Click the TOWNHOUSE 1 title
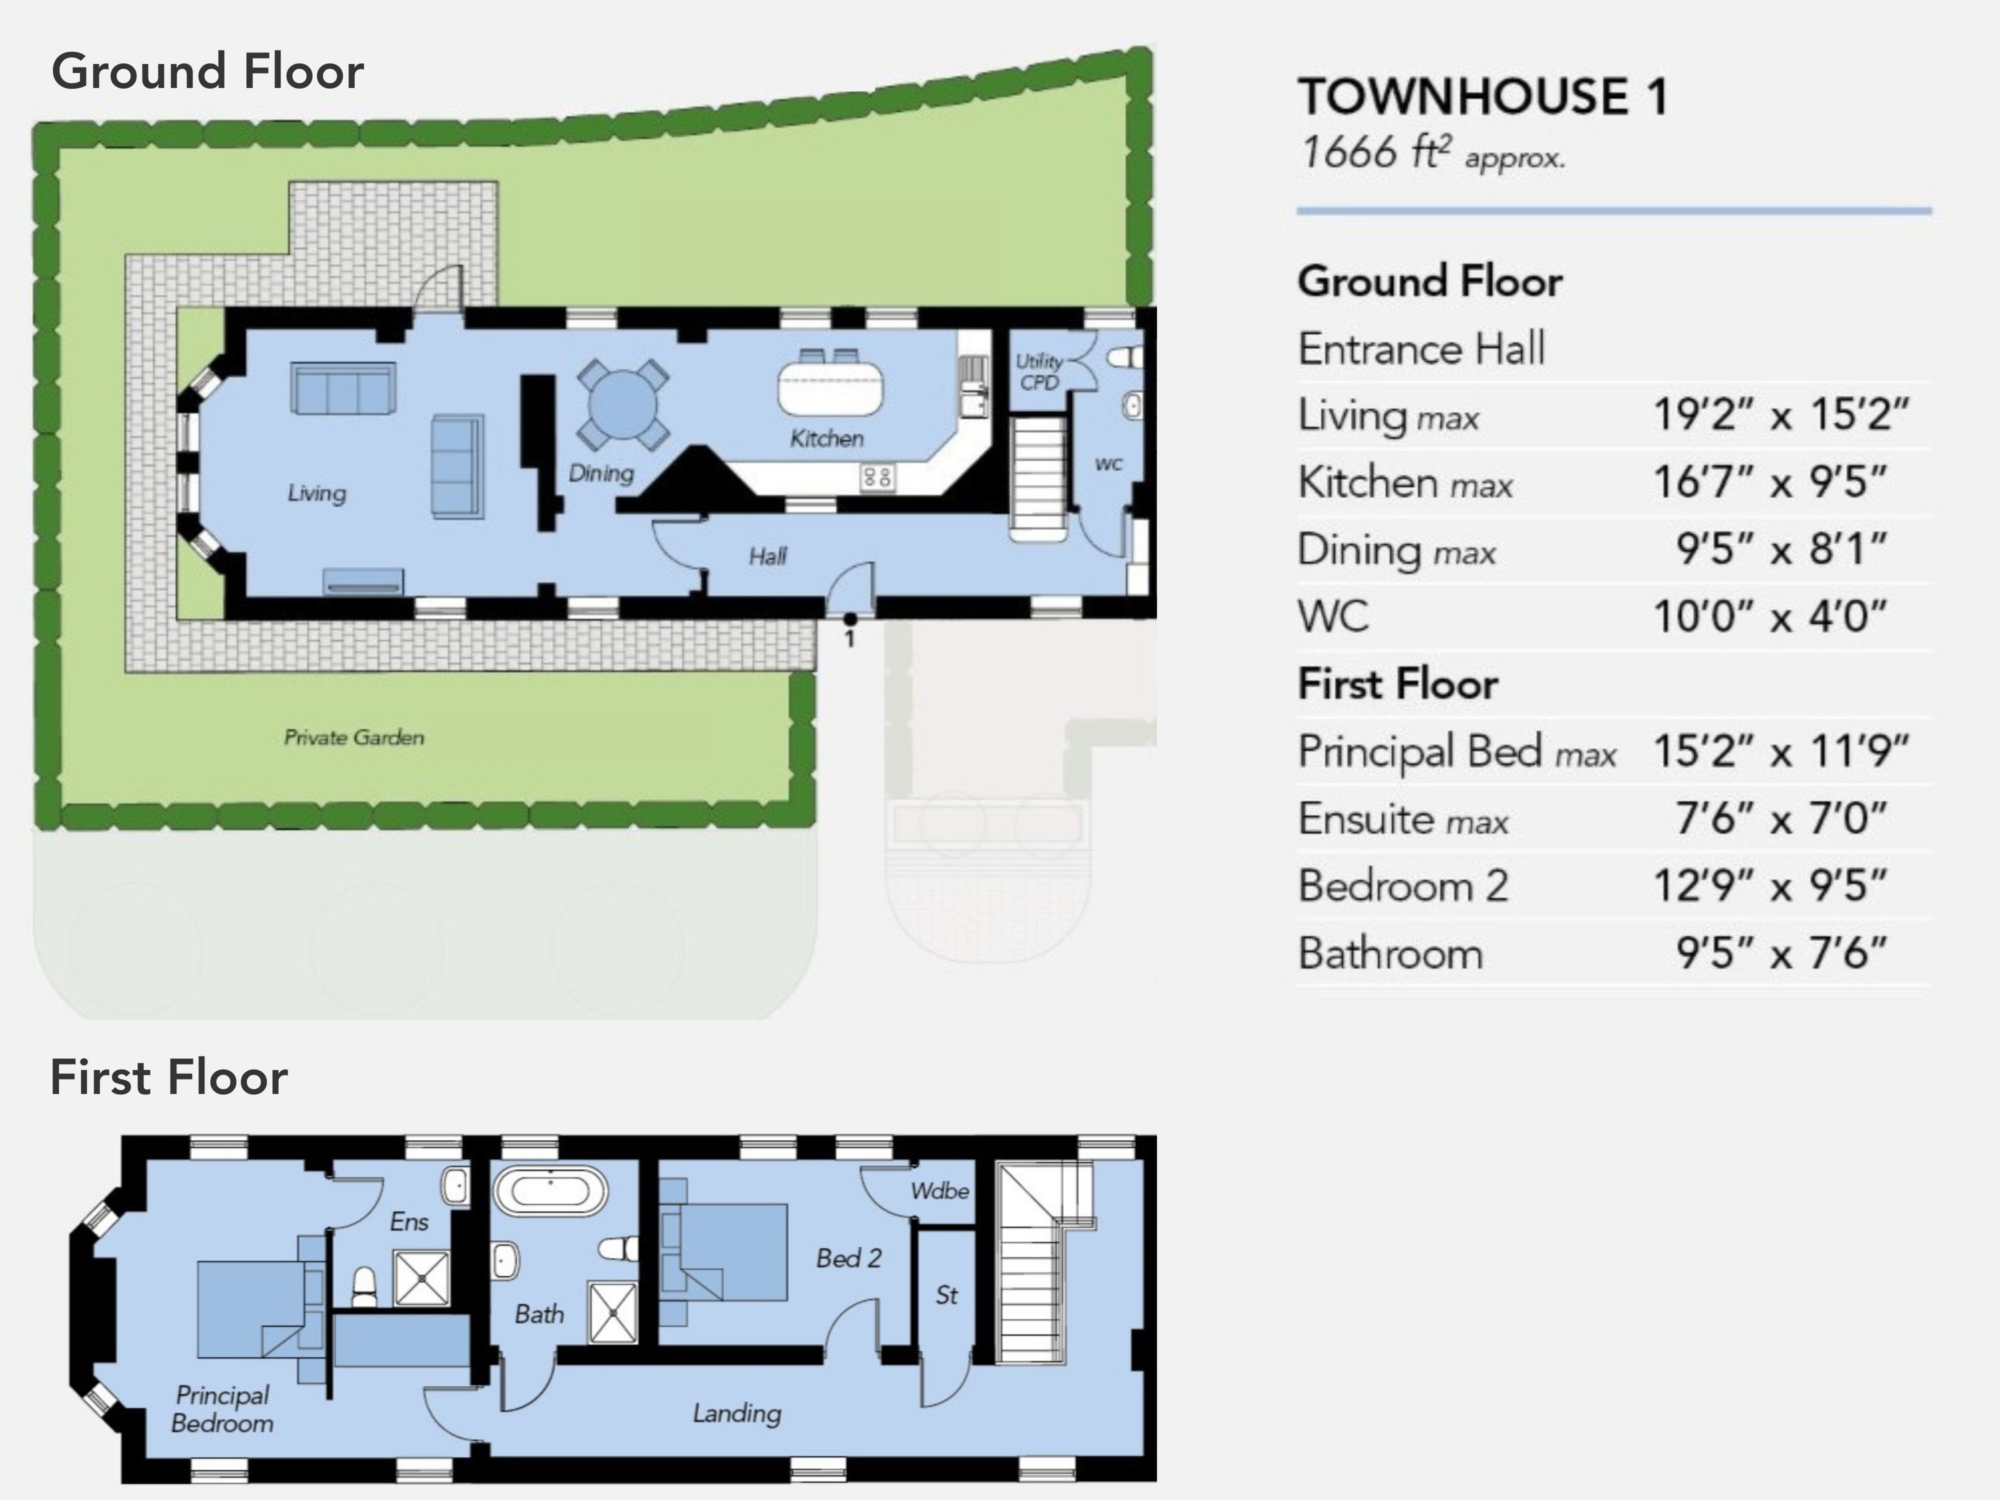click(x=1483, y=96)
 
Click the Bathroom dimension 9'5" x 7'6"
click(x=1781, y=953)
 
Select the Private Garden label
click(x=353, y=737)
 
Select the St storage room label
click(x=946, y=1295)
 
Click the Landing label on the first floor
click(x=737, y=1413)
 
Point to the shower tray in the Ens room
click(x=421, y=1278)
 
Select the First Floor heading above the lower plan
click(x=169, y=1077)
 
